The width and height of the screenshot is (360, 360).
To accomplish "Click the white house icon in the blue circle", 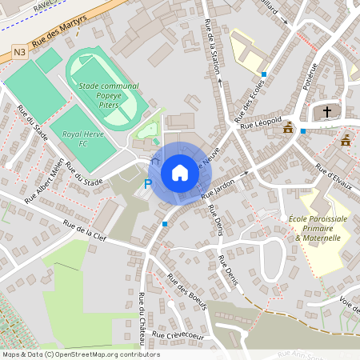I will click(179, 172).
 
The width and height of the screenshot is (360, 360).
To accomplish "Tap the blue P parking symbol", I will click(147, 184).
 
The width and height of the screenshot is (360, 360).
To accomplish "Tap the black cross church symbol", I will click(326, 111).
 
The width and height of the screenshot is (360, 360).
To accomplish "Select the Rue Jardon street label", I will click(218, 188).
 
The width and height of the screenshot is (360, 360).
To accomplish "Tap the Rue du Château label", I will click(142, 318).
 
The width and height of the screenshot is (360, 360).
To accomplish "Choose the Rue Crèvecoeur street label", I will click(178, 336).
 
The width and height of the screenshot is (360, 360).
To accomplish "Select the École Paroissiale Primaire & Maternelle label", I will click(317, 228).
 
